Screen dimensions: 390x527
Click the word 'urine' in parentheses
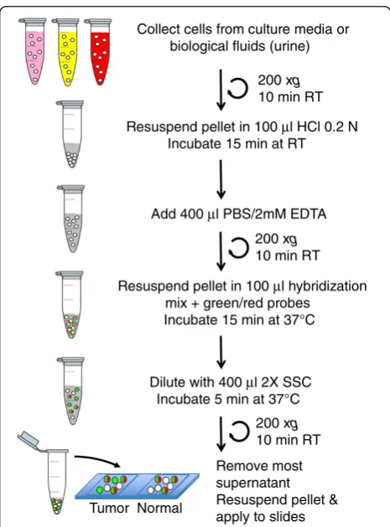point(289,46)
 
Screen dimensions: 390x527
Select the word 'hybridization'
point(327,287)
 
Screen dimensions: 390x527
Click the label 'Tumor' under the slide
point(109,508)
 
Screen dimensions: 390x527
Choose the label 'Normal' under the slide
point(159,508)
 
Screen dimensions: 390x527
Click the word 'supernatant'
point(252,483)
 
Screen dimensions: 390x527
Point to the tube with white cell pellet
point(71,134)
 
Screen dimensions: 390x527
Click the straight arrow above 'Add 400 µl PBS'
point(221,179)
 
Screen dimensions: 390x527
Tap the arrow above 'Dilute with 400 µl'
point(221,352)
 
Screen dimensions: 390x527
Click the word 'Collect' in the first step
point(158,29)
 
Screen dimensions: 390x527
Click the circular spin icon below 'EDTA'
point(238,248)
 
